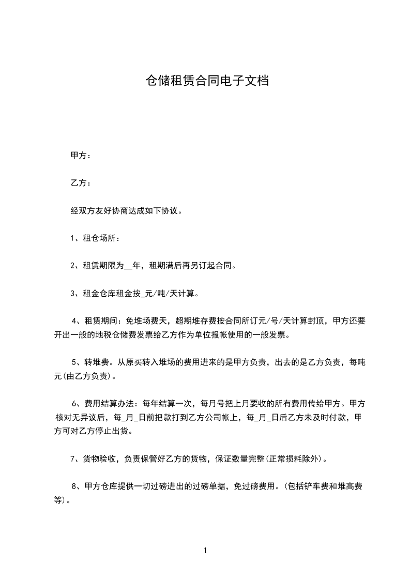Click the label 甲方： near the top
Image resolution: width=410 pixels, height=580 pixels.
pyautogui.click(x=81, y=155)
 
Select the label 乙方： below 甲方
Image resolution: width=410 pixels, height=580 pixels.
pyautogui.click(x=81, y=183)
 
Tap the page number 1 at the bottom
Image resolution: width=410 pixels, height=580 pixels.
pyautogui.click(x=205, y=551)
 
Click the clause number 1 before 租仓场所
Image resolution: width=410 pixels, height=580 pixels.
pyautogui.click(x=72, y=238)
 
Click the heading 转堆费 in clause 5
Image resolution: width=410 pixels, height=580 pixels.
pyautogui.click(x=97, y=362)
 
